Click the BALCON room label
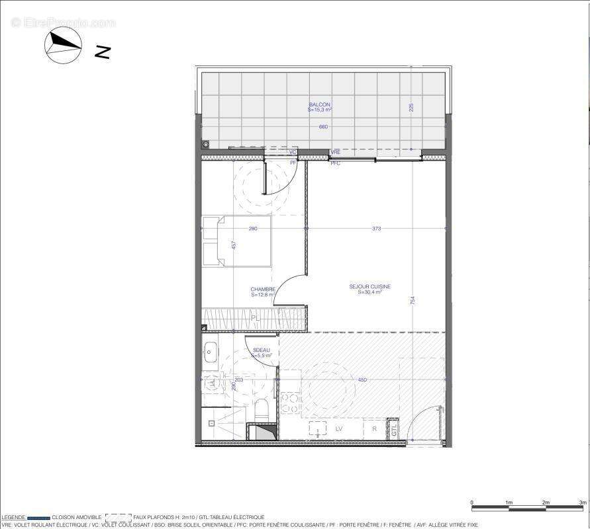[x=320, y=105]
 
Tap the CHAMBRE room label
[x=263, y=290]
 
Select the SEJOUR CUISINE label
[x=370, y=287]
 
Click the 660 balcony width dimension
[x=323, y=126]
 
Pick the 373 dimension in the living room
[x=377, y=229]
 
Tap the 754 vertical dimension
[x=413, y=300]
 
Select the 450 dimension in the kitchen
[x=362, y=380]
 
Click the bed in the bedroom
[x=236, y=241]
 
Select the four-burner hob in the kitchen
[x=289, y=403]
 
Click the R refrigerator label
[x=374, y=429]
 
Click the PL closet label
[x=254, y=319]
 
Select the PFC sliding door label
[x=335, y=163]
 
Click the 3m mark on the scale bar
[x=583, y=503]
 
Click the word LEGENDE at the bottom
[x=13, y=517]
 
